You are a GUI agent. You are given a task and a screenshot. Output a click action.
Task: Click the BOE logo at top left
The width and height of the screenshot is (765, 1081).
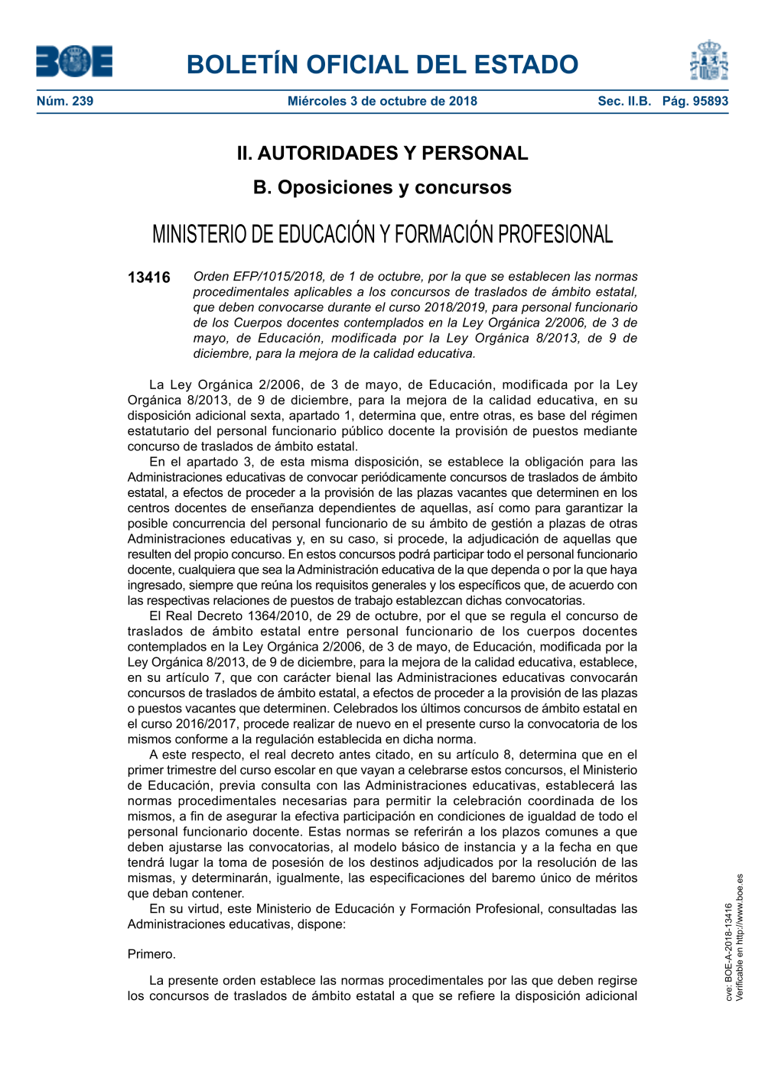[x=74, y=61]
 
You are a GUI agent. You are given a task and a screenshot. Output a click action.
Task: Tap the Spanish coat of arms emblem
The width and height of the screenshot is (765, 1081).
[x=709, y=61]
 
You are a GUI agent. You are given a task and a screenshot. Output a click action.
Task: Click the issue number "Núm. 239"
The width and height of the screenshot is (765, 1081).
[x=65, y=101]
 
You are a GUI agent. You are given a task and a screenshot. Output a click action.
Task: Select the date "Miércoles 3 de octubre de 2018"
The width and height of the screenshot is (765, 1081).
[x=382, y=101]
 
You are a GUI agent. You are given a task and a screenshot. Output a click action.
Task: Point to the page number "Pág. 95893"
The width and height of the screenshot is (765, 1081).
[x=695, y=101]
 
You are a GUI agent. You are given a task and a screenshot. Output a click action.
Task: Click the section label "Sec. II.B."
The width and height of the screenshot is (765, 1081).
[x=624, y=101]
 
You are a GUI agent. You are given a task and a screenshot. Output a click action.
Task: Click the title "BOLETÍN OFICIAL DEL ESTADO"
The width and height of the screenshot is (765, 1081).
[x=382, y=64]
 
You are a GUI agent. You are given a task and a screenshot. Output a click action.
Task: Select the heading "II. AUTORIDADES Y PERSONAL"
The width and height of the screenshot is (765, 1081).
[x=382, y=153]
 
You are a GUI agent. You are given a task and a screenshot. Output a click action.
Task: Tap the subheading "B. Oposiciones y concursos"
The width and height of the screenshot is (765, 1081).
[x=382, y=187]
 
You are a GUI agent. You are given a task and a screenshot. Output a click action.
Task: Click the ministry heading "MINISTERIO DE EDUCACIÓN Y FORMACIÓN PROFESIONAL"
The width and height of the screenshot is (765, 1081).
[x=382, y=234]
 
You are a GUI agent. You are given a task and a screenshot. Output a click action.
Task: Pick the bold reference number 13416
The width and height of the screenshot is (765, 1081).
[x=149, y=278]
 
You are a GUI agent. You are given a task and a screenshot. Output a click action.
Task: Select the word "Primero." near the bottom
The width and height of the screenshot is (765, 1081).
[x=151, y=954]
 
